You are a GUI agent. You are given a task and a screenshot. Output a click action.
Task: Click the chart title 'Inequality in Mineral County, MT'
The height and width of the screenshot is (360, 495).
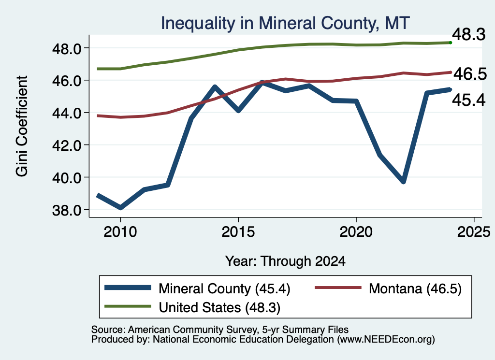click(285, 23)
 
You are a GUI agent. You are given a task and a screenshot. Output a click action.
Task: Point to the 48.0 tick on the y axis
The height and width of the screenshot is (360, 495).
click(67, 49)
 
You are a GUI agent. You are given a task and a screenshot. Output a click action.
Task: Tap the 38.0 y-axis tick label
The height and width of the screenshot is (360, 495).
click(67, 210)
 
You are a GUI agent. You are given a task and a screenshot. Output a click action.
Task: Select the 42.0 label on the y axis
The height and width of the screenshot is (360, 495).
click(67, 145)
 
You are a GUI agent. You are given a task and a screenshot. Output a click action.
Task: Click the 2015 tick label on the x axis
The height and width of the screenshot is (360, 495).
click(238, 232)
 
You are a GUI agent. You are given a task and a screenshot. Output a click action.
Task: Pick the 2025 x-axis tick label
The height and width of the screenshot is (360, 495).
click(474, 232)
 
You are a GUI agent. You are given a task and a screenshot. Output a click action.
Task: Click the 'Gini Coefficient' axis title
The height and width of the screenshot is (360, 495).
click(22, 126)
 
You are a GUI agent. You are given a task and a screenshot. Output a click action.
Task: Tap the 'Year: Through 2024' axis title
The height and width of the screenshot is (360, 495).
click(285, 261)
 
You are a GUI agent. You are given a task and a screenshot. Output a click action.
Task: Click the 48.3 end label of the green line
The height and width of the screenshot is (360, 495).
click(469, 34)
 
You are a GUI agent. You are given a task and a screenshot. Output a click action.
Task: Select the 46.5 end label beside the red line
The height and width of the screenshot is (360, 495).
click(470, 74)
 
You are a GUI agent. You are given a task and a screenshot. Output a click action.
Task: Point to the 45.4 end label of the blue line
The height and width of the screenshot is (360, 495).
click(469, 101)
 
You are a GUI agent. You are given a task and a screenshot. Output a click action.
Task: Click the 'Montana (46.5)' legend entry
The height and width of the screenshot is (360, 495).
click(388, 288)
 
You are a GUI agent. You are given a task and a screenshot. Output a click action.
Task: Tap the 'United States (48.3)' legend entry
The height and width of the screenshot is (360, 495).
click(192, 307)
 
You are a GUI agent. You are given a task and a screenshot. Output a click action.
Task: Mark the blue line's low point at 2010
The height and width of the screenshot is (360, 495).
click(120, 208)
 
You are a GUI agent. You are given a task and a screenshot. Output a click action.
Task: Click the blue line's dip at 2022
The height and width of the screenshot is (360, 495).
click(403, 181)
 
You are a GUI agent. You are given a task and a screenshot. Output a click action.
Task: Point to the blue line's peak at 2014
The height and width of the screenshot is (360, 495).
click(215, 86)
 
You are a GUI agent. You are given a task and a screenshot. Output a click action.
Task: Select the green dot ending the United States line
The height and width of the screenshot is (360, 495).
click(451, 43)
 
